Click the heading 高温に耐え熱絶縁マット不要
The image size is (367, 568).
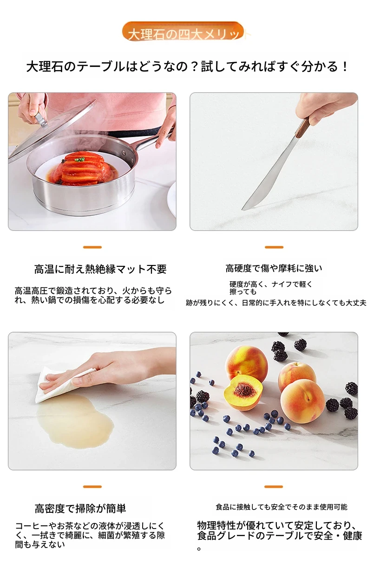click(x=100, y=269)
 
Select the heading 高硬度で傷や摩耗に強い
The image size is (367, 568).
click(x=274, y=268)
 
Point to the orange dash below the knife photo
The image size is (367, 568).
click(x=274, y=247)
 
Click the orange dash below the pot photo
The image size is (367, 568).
click(x=92, y=247)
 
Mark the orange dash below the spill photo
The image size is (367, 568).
click(x=92, y=487)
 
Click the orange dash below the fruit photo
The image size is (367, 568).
click(x=273, y=487)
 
